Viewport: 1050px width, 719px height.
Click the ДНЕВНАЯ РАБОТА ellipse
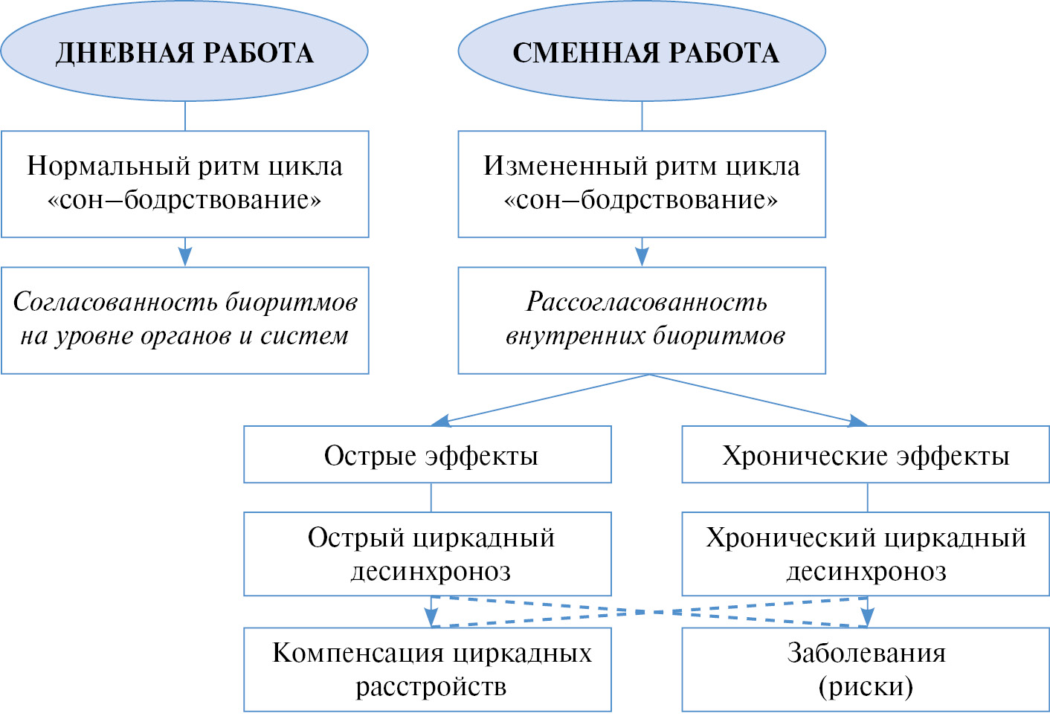pos(184,51)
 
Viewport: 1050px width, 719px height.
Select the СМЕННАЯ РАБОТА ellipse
pos(642,51)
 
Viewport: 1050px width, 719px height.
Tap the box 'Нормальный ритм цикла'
pos(184,184)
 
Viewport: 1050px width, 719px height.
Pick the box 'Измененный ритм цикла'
pos(642,184)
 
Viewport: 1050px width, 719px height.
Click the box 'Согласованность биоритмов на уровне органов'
pos(184,320)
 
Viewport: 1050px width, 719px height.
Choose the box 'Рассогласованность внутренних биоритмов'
pos(642,320)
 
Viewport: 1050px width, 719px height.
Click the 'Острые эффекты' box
pos(428,454)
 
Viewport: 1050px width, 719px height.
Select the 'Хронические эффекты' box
pos(866,454)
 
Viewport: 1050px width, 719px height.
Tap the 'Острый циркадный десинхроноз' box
pos(428,553)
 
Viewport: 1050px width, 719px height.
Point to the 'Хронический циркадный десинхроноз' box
pos(866,553)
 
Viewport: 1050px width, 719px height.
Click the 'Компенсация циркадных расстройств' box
pos(428,669)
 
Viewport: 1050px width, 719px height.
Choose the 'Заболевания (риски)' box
pos(866,669)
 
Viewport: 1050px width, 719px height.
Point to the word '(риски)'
pos(866,686)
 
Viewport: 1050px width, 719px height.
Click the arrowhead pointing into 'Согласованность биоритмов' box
pos(185,257)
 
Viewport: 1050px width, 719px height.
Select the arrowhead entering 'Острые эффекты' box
pos(439,421)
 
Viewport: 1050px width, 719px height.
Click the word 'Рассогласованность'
pos(646,302)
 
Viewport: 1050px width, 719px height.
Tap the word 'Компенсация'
pos(358,653)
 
